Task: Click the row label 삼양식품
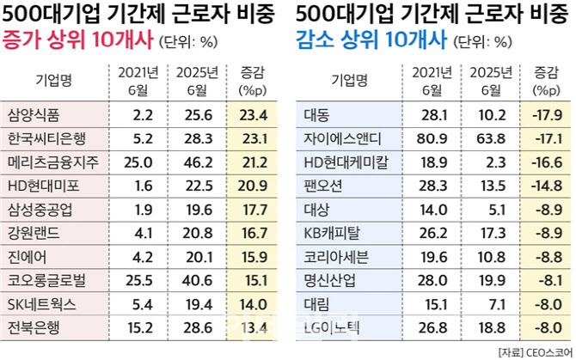click(x=41, y=113)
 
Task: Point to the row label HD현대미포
click(x=43, y=184)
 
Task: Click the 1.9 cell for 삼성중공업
click(x=144, y=207)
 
